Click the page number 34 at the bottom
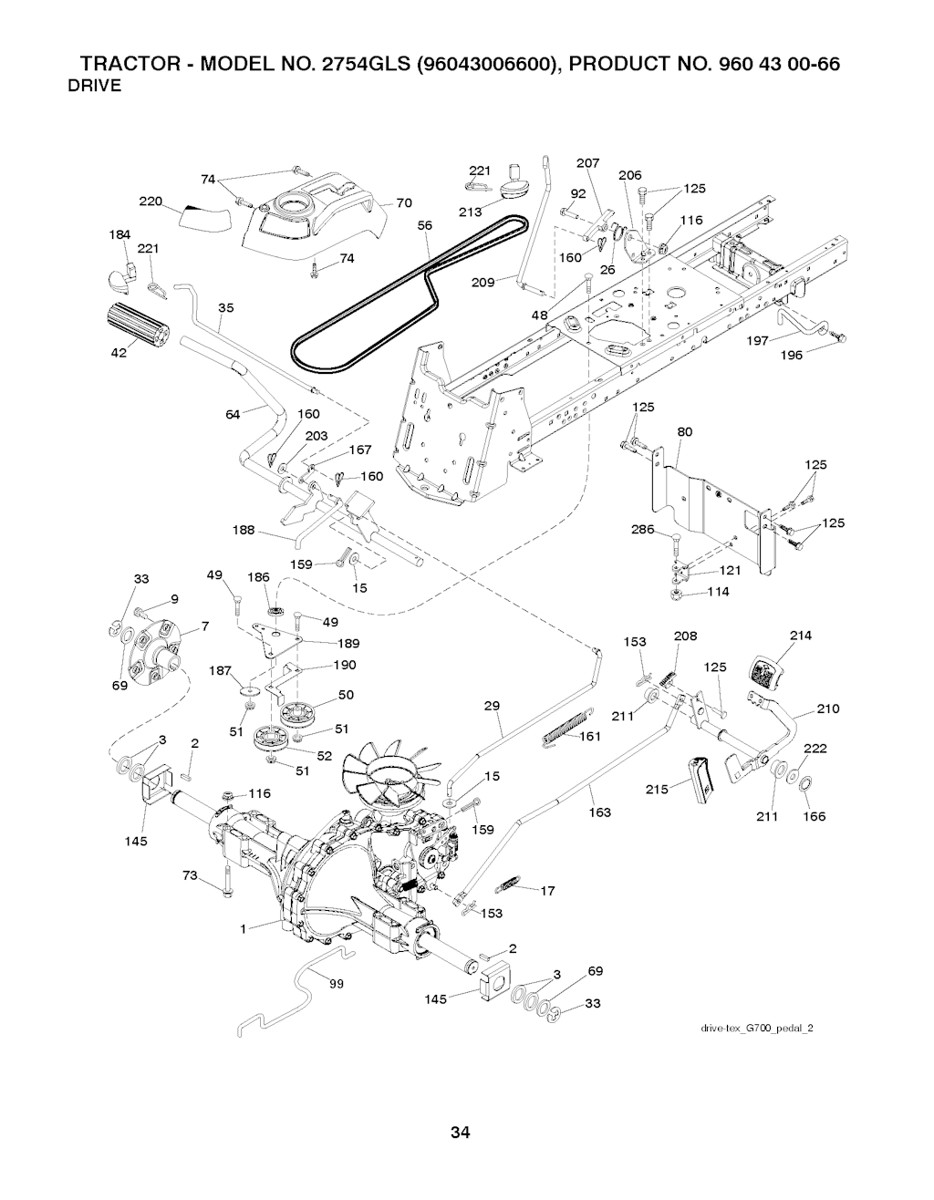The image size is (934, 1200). pyautogui.click(x=460, y=1133)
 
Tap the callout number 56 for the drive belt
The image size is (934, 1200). pyautogui.click(x=423, y=226)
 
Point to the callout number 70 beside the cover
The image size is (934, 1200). pyautogui.click(x=404, y=202)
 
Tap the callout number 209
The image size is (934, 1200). pyautogui.click(x=482, y=282)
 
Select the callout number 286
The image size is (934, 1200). pyautogui.click(x=643, y=530)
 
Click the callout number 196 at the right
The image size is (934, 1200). pyautogui.click(x=791, y=355)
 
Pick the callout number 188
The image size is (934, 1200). pyautogui.click(x=244, y=530)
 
